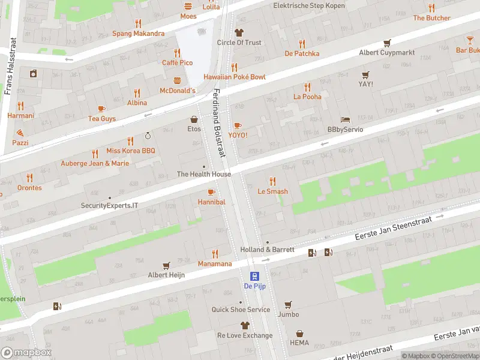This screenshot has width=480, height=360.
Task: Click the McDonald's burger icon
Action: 178,80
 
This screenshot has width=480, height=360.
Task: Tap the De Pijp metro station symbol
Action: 255,276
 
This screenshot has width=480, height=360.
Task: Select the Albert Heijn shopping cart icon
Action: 166,265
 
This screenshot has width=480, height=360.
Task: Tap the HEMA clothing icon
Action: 299,334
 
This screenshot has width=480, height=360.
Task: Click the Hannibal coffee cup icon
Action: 211,192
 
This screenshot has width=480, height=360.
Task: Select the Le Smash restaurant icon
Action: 272,181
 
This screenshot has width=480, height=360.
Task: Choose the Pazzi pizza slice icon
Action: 20,133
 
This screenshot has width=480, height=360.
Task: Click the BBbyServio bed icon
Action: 345,119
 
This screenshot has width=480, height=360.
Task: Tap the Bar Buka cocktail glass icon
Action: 470,40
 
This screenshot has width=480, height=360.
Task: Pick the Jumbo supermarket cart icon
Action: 288,304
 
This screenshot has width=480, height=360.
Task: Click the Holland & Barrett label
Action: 267,249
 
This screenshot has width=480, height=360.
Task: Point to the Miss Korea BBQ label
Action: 130,151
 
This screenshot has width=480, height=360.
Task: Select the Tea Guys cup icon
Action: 101,109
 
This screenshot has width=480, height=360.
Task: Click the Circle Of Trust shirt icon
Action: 239,32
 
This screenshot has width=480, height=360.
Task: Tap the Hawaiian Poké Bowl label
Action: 234,77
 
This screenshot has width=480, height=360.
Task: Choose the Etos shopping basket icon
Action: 194,119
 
